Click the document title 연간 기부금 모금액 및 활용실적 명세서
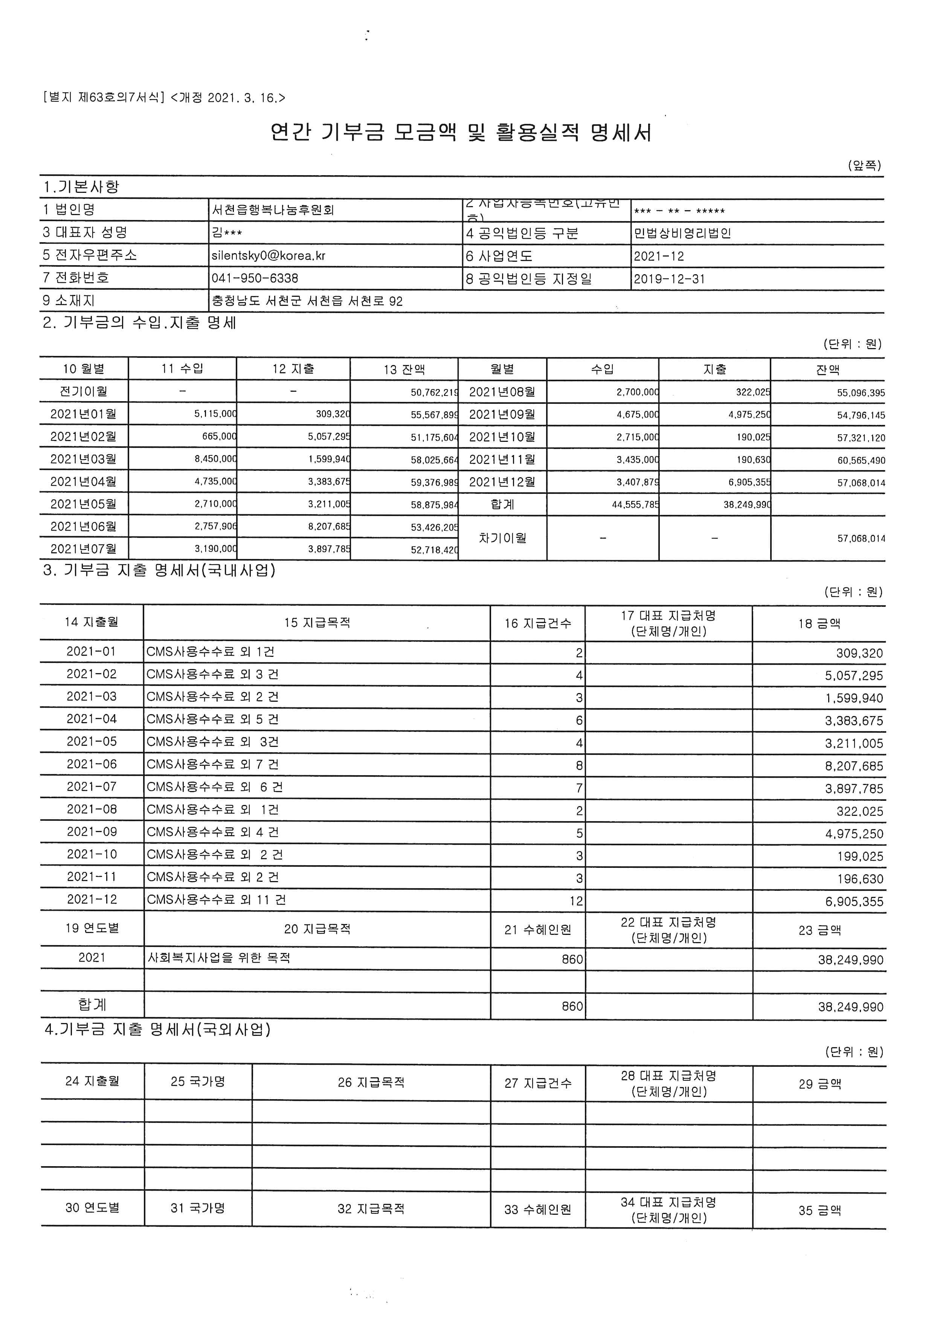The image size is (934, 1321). [461, 133]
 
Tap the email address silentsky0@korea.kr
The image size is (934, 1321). [269, 255]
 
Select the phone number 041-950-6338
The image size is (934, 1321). [255, 278]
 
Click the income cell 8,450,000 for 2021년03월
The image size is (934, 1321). [215, 460]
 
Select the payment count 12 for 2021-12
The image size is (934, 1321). [576, 901]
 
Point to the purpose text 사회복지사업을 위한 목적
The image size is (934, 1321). [219, 958]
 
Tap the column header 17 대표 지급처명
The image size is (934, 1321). [668, 623]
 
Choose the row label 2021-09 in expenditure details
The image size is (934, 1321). [92, 832]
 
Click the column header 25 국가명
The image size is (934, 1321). [198, 1082]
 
